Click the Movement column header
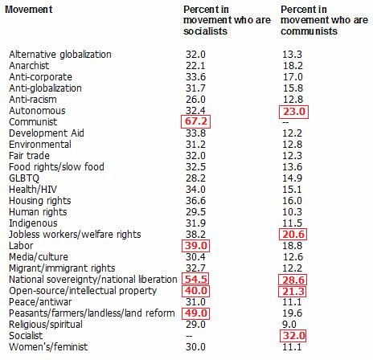click(x=29, y=10)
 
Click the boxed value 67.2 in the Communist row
click(x=196, y=121)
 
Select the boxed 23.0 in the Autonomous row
click(x=294, y=112)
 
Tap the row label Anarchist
click(x=29, y=66)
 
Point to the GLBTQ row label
click(x=24, y=178)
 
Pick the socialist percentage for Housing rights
click(x=196, y=201)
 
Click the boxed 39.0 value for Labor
click(x=196, y=246)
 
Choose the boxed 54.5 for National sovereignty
click(x=195, y=280)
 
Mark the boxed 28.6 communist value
click(x=293, y=280)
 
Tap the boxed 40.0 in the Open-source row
click(x=196, y=291)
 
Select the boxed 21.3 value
click(x=293, y=292)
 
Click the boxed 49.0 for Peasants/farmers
click(x=195, y=313)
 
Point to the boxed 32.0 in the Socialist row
click(x=293, y=336)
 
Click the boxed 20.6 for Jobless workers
click(x=293, y=235)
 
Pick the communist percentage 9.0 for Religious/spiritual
click(x=289, y=325)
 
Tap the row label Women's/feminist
click(x=48, y=347)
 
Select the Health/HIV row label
click(x=33, y=190)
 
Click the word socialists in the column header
click(x=205, y=31)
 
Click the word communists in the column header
click(x=309, y=31)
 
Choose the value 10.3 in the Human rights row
click(x=293, y=212)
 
